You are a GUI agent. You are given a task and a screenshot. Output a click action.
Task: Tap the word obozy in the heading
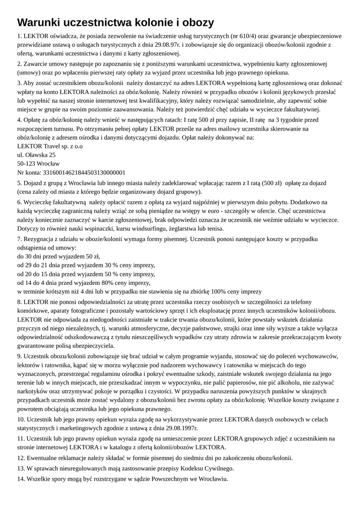click(x=195, y=22)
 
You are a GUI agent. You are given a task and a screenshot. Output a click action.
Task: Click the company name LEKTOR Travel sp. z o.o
click(x=50, y=146)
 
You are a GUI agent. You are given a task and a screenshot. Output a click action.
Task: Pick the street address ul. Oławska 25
click(x=36, y=155)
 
